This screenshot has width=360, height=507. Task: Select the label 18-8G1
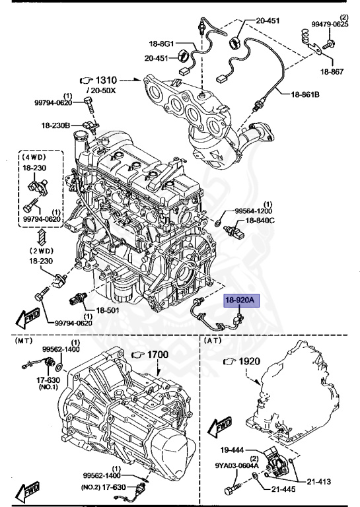coord(161,44)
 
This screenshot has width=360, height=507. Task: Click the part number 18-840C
coord(263,220)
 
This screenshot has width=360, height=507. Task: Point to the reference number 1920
coord(247,361)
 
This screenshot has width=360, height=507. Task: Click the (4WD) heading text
coord(33,158)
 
